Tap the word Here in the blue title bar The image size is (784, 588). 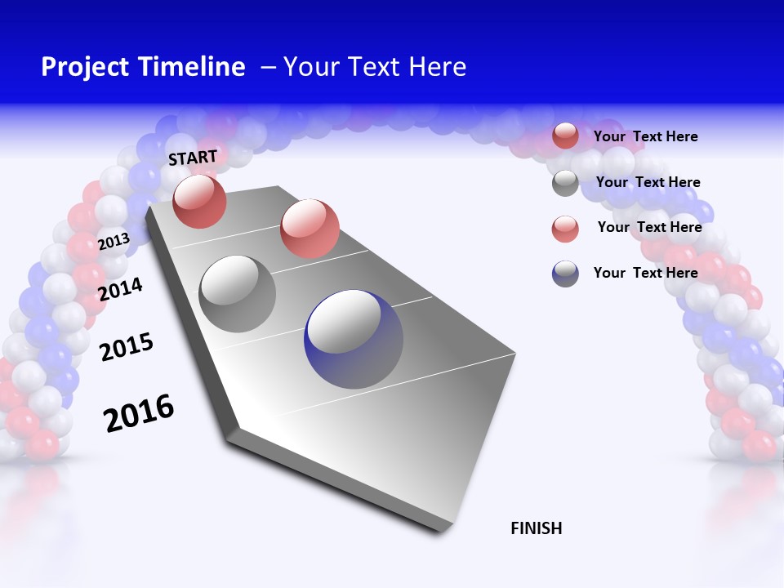(x=437, y=67)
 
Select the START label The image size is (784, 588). (x=193, y=158)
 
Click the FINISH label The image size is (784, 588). (x=536, y=528)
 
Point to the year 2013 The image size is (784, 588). (x=114, y=241)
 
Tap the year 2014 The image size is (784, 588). (x=120, y=289)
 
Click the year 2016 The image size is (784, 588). (x=138, y=413)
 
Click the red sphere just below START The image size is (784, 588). (x=199, y=201)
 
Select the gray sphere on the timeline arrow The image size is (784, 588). (x=238, y=293)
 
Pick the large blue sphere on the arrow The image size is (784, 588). (x=354, y=339)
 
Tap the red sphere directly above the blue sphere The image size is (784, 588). (x=310, y=228)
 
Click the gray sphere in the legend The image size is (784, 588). (x=565, y=183)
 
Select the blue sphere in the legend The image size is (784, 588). (x=565, y=274)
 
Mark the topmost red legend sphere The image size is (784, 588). (x=565, y=136)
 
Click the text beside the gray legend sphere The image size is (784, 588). (x=648, y=182)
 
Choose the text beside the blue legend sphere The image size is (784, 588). (x=645, y=273)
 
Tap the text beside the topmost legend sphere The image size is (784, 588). (x=645, y=136)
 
